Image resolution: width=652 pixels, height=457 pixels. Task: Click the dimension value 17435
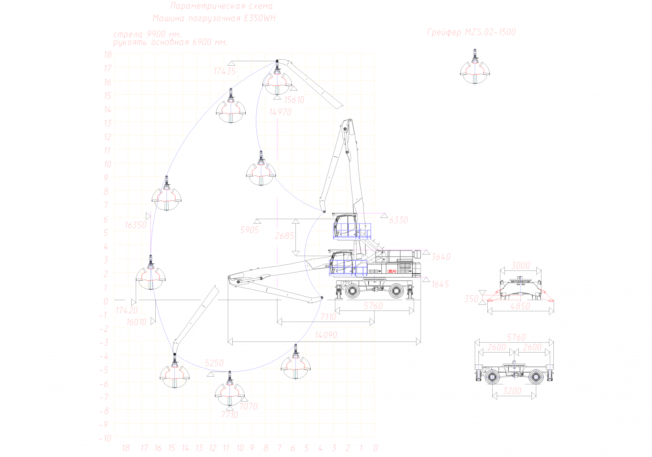click(225, 71)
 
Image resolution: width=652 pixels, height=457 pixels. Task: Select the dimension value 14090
click(326, 335)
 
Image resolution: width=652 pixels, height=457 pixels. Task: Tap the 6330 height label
click(398, 220)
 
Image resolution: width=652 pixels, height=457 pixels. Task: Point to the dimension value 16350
click(136, 225)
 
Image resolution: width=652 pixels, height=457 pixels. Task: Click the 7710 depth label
click(229, 415)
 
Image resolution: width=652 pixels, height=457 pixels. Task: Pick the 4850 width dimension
click(520, 306)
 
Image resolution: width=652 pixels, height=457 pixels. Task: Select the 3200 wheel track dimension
click(512, 391)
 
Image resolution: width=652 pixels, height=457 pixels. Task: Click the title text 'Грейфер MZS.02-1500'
click(471, 32)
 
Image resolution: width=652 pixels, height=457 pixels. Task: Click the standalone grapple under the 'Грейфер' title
click(475, 69)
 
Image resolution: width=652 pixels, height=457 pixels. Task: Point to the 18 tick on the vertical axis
click(108, 55)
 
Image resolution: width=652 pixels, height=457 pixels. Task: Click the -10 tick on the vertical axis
click(105, 438)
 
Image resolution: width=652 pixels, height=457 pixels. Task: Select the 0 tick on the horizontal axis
click(375, 448)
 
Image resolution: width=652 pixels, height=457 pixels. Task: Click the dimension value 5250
click(214, 363)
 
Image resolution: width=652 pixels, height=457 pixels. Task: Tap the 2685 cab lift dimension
click(284, 236)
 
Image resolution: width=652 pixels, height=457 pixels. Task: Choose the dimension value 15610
click(294, 100)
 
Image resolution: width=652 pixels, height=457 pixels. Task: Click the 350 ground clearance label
click(471, 299)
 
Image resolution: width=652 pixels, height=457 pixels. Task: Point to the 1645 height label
click(440, 284)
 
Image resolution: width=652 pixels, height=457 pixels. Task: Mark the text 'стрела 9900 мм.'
click(147, 34)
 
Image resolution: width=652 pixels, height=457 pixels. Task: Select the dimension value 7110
click(328, 317)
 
